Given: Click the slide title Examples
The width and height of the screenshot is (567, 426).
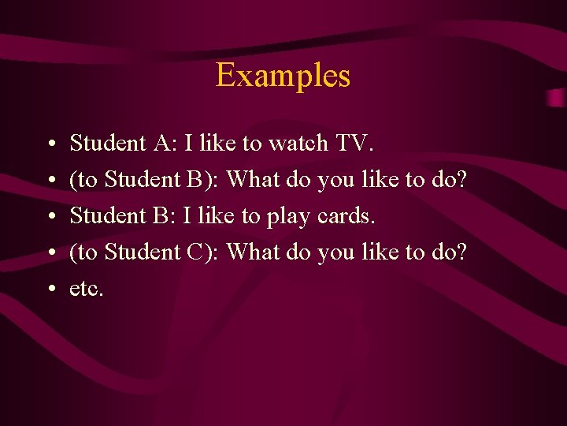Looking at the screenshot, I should [283, 76].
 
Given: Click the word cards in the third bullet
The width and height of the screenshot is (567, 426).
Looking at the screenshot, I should [343, 216].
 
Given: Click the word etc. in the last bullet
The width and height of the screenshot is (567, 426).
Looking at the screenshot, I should [87, 290].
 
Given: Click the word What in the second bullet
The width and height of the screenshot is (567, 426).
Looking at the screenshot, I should [249, 180].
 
